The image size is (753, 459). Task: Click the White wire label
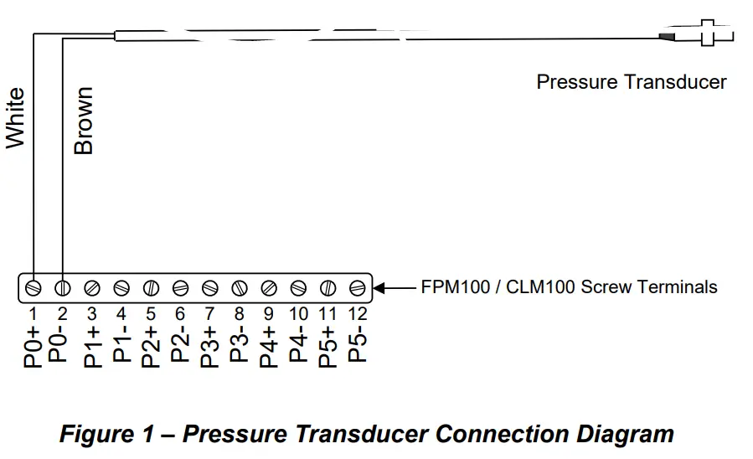pyautogui.click(x=16, y=118)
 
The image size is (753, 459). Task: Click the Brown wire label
pyautogui.click(x=84, y=121)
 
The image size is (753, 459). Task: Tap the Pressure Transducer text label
pyautogui.click(x=631, y=82)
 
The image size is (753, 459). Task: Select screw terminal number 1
pyautogui.click(x=32, y=287)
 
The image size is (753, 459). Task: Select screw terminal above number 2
pyautogui.click(x=62, y=287)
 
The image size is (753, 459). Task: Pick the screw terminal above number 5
pyautogui.click(x=151, y=287)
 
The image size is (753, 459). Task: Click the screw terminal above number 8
pyautogui.click(x=240, y=287)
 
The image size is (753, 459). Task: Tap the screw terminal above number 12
pyautogui.click(x=358, y=287)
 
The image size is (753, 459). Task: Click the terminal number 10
pyautogui.click(x=298, y=315)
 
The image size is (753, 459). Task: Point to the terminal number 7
pyautogui.click(x=209, y=315)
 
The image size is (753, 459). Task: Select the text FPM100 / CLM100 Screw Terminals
pyautogui.click(x=569, y=287)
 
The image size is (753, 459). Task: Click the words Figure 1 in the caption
pyautogui.click(x=108, y=435)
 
